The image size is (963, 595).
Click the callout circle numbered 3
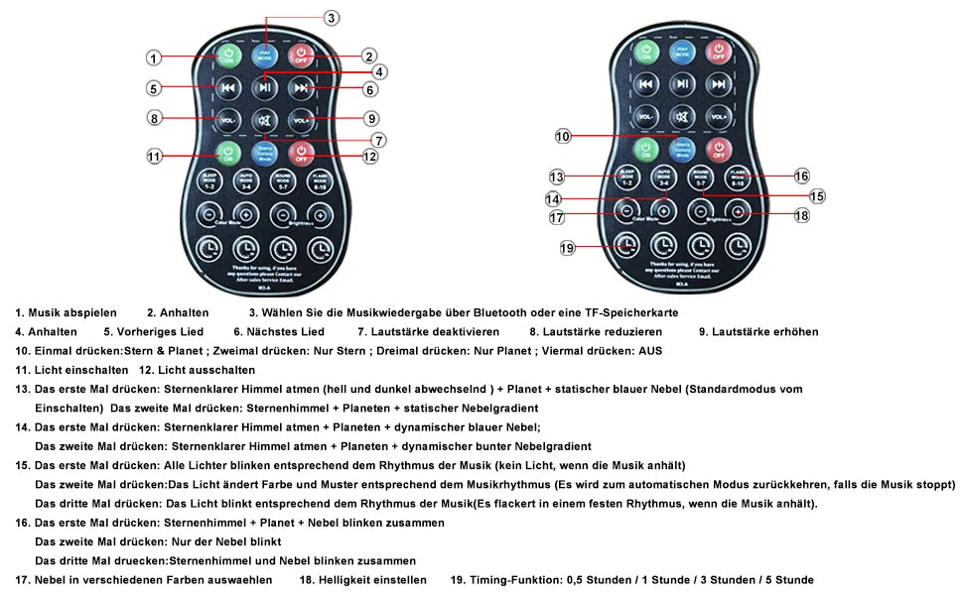click(332, 17)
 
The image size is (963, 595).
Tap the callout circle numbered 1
click(154, 58)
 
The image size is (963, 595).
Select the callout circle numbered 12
click(369, 156)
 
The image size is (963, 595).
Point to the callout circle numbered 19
click(567, 248)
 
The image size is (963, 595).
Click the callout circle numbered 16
click(802, 176)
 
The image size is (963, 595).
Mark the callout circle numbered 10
click(563, 136)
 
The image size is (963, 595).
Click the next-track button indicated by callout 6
click(301, 88)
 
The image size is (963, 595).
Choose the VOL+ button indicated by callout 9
click(301, 120)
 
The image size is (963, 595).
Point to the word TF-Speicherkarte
click(629, 312)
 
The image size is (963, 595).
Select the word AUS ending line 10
click(650, 351)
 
